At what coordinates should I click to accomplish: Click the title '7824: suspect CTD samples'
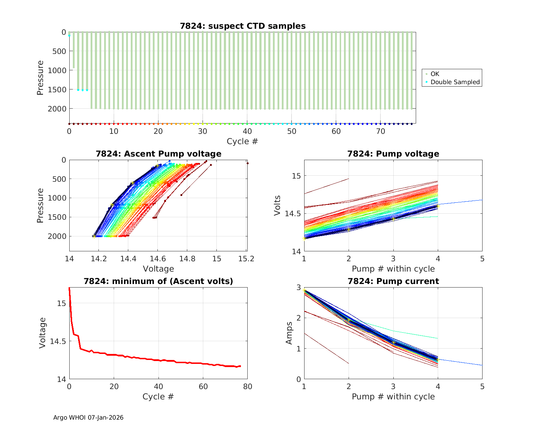[243, 26]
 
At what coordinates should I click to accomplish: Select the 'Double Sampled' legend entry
[455, 82]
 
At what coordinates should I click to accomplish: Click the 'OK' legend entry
[435, 74]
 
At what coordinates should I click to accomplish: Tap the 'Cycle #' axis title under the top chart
[242, 141]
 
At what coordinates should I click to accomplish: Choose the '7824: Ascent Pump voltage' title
[158, 154]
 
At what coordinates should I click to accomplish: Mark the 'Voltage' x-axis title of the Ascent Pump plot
[158, 269]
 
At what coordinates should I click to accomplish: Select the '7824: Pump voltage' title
[393, 154]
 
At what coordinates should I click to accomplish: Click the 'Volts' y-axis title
[278, 206]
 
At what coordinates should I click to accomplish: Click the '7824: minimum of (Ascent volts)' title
[158, 281]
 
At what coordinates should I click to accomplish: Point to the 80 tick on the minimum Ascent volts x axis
[247, 387]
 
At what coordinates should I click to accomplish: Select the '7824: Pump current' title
[393, 281]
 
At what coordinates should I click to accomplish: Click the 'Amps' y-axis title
[290, 333]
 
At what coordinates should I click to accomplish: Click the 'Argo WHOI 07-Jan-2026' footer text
[88, 417]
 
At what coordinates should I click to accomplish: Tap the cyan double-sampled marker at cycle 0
[69, 35]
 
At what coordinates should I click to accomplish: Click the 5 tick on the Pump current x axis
[482, 387]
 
